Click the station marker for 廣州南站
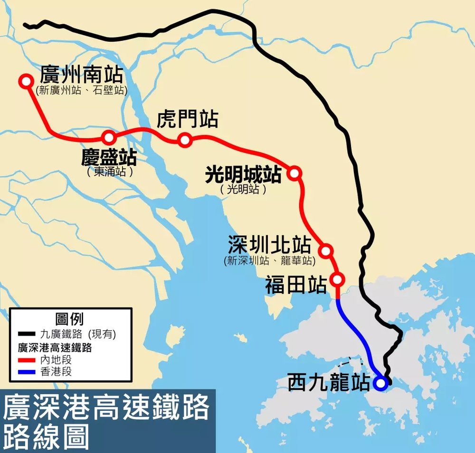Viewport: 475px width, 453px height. (x=26, y=81)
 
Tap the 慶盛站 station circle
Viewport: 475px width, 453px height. (x=109, y=138)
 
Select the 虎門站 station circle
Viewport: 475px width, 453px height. (x=185, y=139)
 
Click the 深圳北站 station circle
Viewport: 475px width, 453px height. (x=326, y=250)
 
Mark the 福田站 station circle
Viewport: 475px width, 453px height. (x=338, y=279)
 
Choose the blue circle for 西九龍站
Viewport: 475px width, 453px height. (x=380, y=383)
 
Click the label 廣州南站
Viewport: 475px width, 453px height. (x=81, y=75)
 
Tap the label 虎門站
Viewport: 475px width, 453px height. (x=187, y=120)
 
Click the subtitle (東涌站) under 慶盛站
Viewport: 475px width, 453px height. (x=110, y=172)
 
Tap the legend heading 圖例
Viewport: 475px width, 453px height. (x=70, y=319)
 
